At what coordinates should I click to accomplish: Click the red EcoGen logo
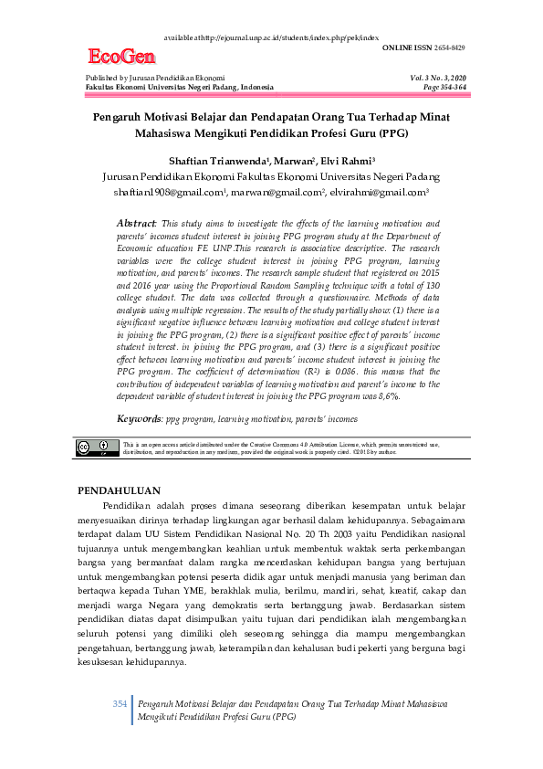pyautogui.click(x=121, y=58)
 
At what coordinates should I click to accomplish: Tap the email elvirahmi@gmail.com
pyautogui.click(x=381, y=193)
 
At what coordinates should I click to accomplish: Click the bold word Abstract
pyautogui.click(x=137, y=224)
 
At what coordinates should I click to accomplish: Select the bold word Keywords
pyautogui.click(x=139, y=418)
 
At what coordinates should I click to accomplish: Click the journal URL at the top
pyautogui.click(x=271, y=37)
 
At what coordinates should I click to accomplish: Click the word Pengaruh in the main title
pyautogui.click(x=118, y=117)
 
